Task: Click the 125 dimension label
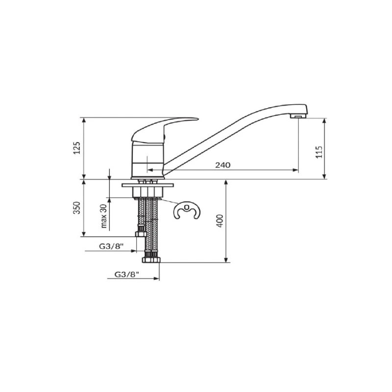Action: pos(77,148)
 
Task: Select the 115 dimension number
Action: pos(319,152)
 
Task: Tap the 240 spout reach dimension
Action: pos(223,165)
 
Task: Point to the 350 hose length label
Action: pos(77,208)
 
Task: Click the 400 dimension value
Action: pos(220,221)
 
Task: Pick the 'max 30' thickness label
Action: pos(103,216)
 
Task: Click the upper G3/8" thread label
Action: pos(112,246)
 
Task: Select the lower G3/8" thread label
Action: pos(126,274)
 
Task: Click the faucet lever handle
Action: pos(160,129)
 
